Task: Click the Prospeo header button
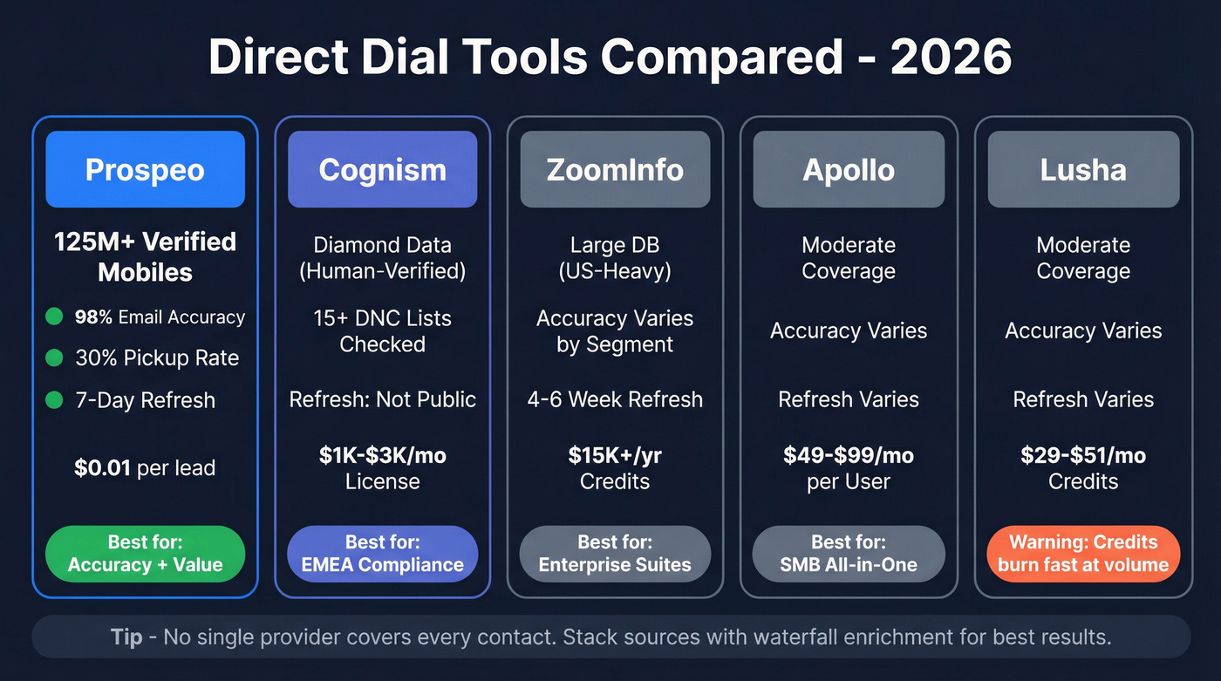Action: pyautogui.click(x=145, y=169)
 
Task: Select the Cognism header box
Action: pyautogui.click(x=382, y=169)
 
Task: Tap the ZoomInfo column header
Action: pyautogui.click(x=615, y=169)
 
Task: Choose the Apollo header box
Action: pyautogui.click(x=849, y=169)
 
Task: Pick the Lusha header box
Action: pyautogui.click(x=1083, y=169)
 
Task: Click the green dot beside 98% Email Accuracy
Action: pyautogui.click(x=54, y=317)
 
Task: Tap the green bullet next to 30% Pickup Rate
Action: pyautogui.click(x=54, y=358)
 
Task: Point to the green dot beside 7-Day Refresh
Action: pyautogui.click(x=54, y=400)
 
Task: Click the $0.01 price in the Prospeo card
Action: pyautogui.click(x=103, y=467)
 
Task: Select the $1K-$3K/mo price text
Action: pyautogui.click(x=382, y=455)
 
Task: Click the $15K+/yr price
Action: pyautogui.click(x=615, y=455)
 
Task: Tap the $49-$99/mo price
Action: pyautogui.click(x=849, y=455)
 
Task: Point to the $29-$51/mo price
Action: pyautogui.click(x=1083, y=455)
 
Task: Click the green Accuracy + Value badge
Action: pyautogui.click(x=145, y=553)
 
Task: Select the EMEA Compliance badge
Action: pyautogui.click(x=382, y=553)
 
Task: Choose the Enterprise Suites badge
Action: pyautogui.click(x=615, y=553)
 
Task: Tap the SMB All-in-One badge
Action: pyautogui.click(x=849, y=553)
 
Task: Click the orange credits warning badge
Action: pyautogui.click(x=1083, y=553)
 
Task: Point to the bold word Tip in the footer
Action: pyautogui.click(x=126, y=637)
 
